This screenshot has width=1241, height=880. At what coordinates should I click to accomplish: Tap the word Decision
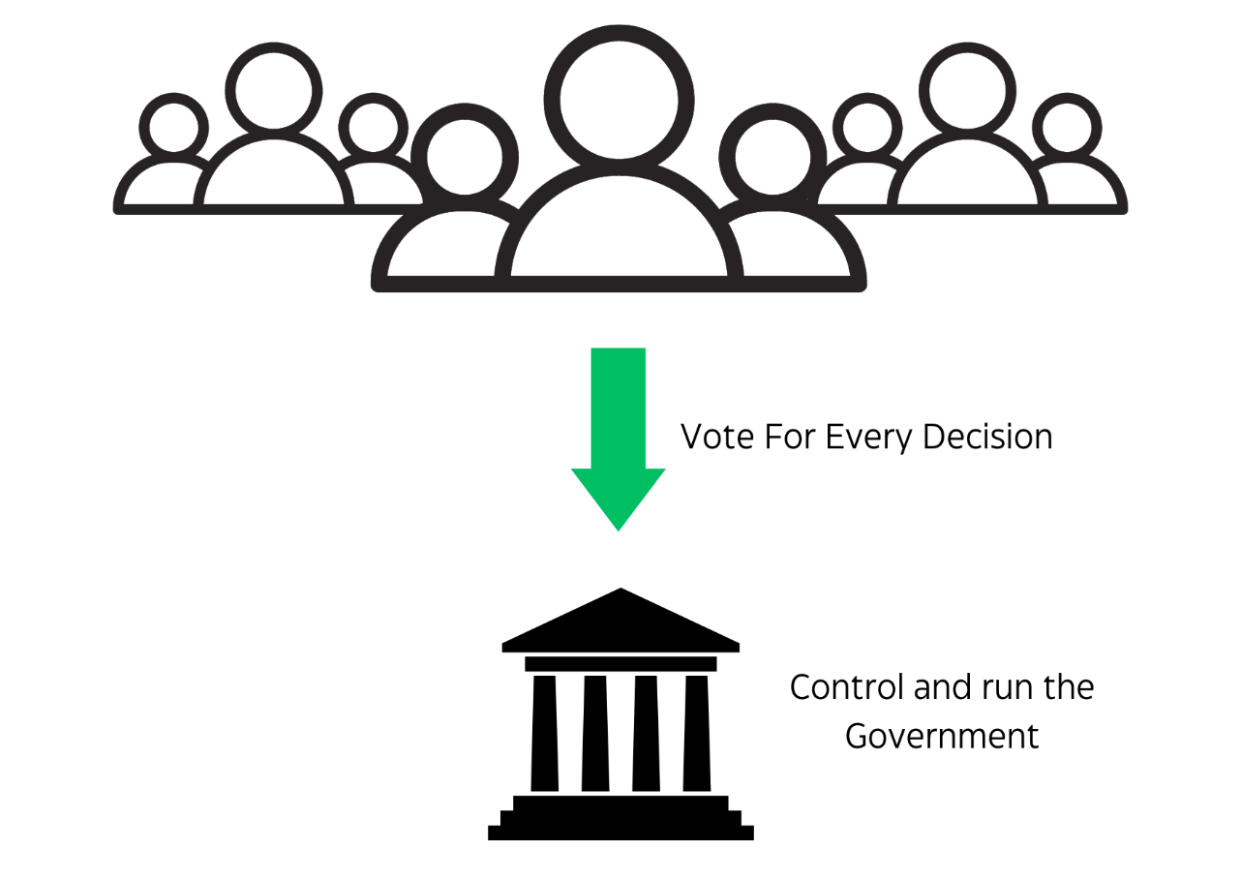pos(986,437)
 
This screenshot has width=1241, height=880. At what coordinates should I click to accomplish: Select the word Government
pos(941,737)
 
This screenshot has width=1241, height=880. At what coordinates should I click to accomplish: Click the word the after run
pos(1063,687)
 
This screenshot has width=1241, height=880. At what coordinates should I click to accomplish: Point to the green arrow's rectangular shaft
pos(619,407)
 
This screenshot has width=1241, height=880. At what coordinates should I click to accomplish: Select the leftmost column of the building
pos(545,733)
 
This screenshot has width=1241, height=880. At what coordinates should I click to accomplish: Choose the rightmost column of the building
pos(696,733)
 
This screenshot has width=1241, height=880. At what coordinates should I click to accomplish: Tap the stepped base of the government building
pos(620,819)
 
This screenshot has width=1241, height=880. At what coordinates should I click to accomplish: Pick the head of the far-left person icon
pos(174,123)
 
